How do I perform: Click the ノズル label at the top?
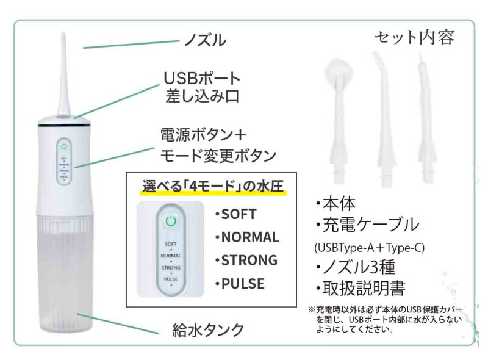click(205, 40)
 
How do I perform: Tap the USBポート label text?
click(203, 79)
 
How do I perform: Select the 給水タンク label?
click(208, 330)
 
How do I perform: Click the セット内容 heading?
click(414, 37)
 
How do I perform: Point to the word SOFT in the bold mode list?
click(239, 214)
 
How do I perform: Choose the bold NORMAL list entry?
click(250, 237)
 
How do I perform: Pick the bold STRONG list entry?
click(249, 261)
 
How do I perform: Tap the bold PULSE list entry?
click(243, 284)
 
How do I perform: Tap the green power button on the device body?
click(64, 146)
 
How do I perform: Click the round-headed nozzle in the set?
click(339, 121)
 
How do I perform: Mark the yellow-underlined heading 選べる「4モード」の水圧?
click(213, 187)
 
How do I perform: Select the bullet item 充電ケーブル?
click(367, 225)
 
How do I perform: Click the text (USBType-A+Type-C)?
click(370, 248)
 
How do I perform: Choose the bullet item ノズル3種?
click(356, 267)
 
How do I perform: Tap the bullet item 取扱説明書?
click(360, 289)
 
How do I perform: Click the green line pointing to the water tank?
click(118, 323)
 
